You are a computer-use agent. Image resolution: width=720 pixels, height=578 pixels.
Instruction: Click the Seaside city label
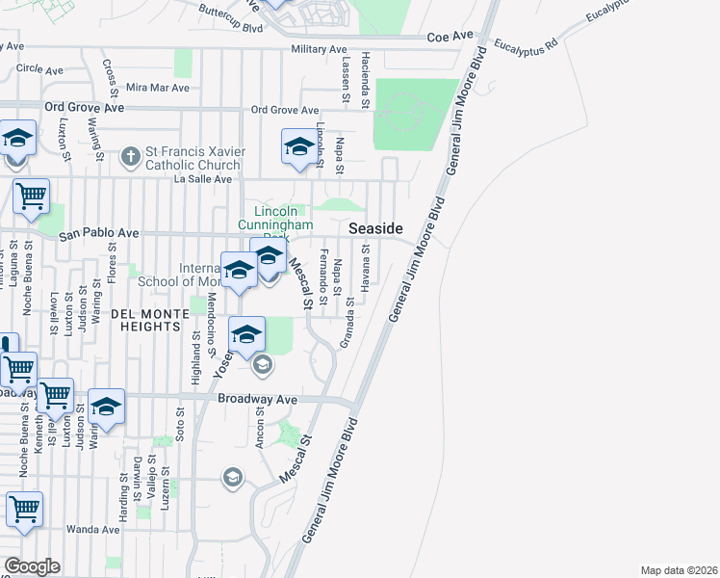coord(374,228)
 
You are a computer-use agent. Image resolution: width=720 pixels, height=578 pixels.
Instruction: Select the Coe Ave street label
coord(450,36)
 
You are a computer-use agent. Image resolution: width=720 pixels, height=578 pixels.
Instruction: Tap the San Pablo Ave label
coord(99,233)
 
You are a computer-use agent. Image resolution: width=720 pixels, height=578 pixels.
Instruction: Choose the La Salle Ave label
coord(202,179)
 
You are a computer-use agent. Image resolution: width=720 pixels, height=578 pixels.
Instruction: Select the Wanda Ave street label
coord(91,530)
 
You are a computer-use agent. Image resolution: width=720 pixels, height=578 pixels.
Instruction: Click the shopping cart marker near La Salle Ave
coord(31,196)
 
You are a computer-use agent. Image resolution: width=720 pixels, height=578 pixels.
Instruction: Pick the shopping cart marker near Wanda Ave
coord(24,509)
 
